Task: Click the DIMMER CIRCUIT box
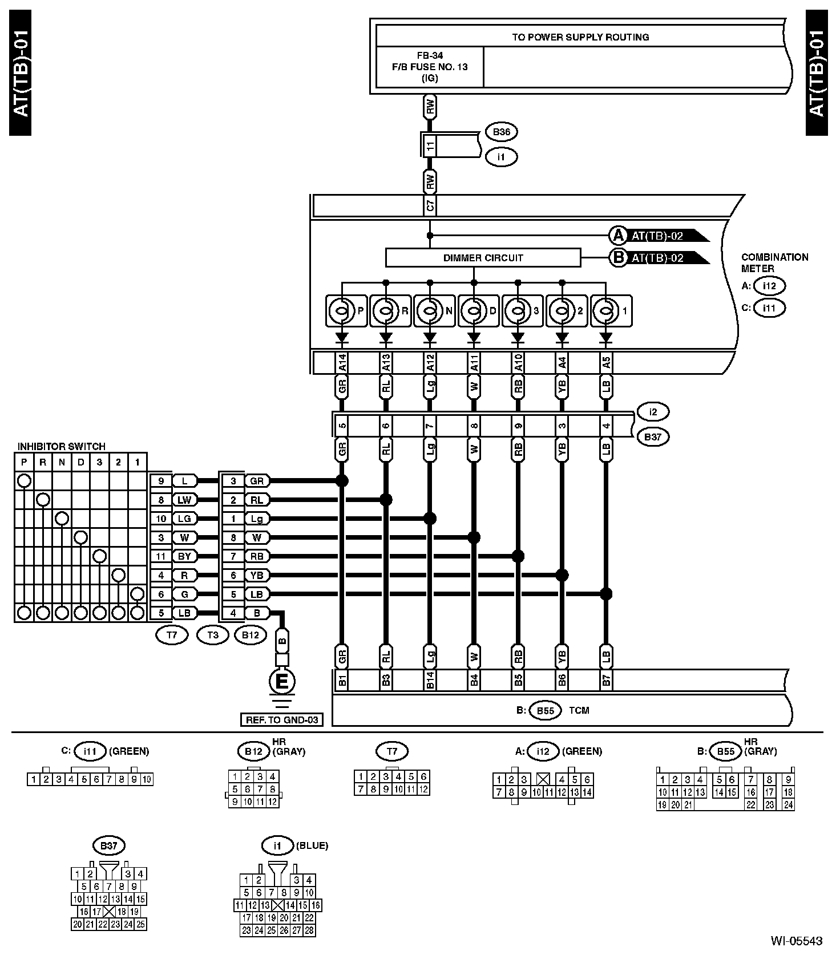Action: (483, 258)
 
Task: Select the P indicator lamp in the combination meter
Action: (341, 311)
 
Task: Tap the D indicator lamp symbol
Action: (474, 311)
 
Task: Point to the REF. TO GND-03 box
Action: (281, 720)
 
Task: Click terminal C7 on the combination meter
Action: (430, 206)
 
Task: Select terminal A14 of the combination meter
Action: (342, 363)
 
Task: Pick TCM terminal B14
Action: (430, 681)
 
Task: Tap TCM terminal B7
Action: (606, 681)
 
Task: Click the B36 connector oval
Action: (501, 132)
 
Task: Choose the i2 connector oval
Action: (653, 411)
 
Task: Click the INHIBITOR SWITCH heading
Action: (62, 446)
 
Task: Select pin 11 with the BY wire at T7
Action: (161, 556)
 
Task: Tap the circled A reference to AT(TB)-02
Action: (618, 236)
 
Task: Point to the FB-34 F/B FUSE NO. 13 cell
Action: (430, 67)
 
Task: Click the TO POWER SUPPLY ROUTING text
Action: (580, 37)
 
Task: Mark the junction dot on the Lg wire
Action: (430, 519)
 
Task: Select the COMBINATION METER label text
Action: (774, 262)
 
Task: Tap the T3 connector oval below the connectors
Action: (212, 635)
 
